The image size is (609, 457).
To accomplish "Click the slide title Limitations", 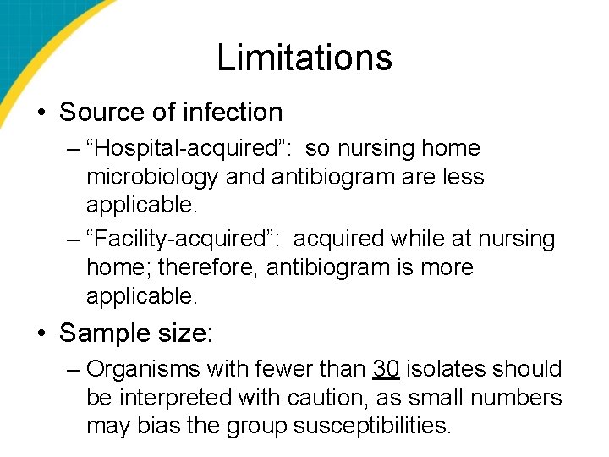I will coord(304,58).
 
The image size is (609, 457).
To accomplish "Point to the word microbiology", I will coord(153,178).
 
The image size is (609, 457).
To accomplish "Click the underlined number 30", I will coord(386,369).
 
